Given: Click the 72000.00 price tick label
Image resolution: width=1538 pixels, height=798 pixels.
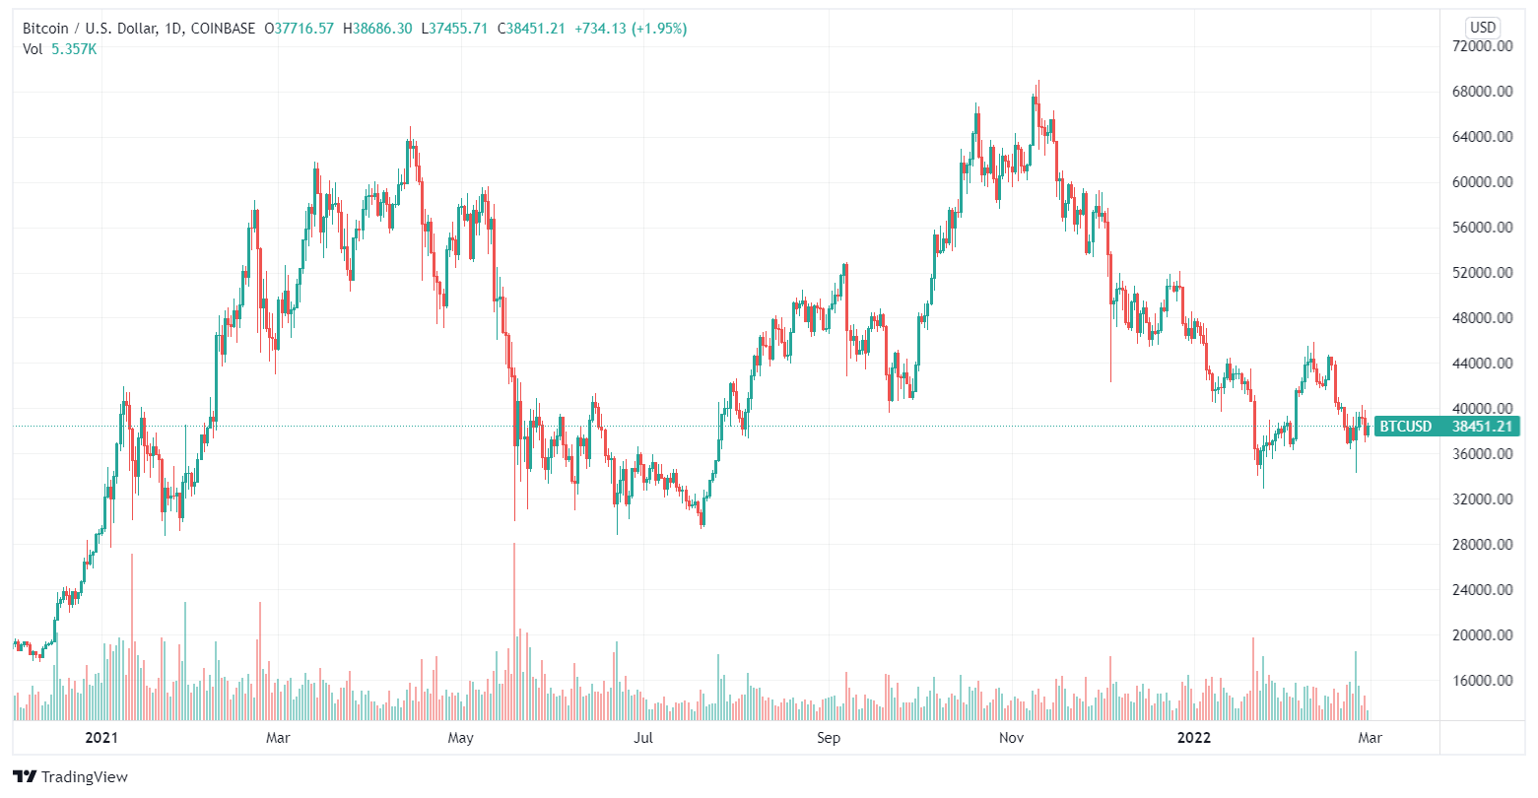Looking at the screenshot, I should tap(1483, 46).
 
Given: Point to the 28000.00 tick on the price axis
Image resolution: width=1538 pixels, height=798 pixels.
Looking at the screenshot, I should tap(1483, 545).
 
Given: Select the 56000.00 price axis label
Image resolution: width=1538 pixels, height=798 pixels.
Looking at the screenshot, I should tap(1483, 228).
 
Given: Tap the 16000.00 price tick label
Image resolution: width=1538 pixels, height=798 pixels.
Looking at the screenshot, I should tap(1483, 681).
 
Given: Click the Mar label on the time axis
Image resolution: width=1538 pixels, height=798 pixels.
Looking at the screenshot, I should tap(278, 737).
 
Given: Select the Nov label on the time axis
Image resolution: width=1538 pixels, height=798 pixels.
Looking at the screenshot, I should tap(1011, 737).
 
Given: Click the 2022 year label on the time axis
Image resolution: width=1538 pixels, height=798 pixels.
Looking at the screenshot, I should tap(1195, 737).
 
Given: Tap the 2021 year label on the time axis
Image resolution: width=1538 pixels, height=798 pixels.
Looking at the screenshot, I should tap(101, 737).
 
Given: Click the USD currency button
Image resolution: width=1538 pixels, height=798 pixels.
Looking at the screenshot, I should tap(1482, 27).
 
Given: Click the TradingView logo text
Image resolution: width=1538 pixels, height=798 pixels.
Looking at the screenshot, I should tap(71, 776).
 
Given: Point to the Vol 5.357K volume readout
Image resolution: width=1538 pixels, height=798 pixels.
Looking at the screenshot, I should tap(60, 48).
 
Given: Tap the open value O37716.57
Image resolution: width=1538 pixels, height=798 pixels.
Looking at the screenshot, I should tap(298, 29).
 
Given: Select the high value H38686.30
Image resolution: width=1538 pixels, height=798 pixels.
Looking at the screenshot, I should tap(377, 29).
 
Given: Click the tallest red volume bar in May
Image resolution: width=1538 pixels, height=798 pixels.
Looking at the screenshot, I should tap(513, 631).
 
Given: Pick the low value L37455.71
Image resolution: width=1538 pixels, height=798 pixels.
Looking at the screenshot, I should tap(455, 29).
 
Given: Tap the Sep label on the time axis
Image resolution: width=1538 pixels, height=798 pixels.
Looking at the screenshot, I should tap(829, 737).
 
